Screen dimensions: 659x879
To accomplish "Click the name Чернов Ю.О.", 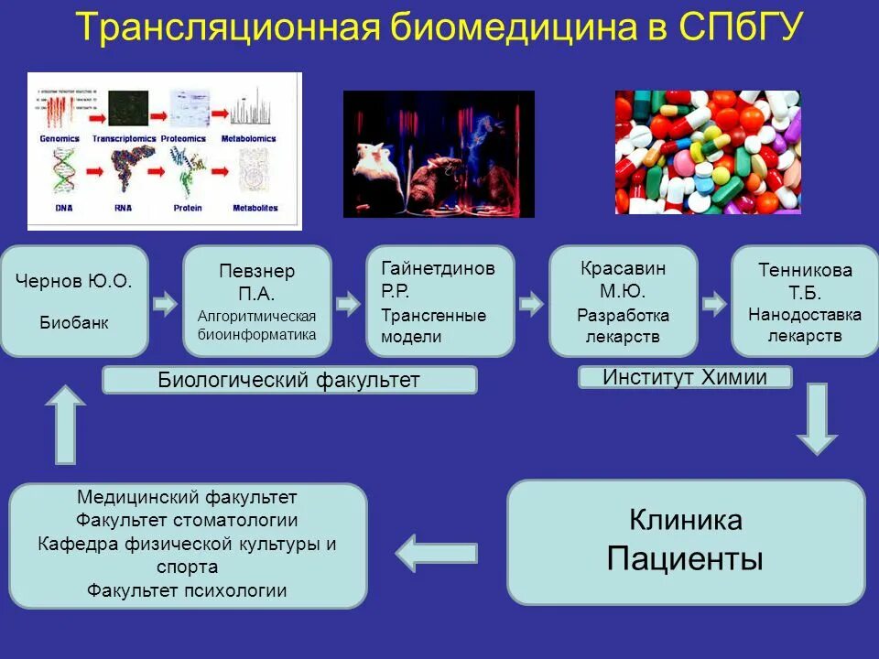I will coord(73,281).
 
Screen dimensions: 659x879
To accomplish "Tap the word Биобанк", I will coord(73,323).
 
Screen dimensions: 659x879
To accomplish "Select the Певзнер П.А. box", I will coord(257,300).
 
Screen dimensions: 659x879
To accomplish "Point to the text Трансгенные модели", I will coord(434,326).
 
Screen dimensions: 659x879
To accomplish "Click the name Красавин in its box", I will coord(623,269).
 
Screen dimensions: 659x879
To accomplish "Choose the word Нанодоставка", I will coord(805,315).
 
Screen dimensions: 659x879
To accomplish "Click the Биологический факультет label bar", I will coord(289,380).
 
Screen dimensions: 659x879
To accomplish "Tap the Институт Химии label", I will coord(685,377).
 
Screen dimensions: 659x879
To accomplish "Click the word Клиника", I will coord(686,521).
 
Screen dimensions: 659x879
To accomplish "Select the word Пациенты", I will coord(686,558).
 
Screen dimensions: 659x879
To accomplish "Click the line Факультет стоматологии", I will coord(187,521).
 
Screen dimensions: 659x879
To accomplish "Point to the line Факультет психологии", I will coord(187,591).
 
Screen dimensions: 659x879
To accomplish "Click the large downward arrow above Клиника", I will coord(816,418).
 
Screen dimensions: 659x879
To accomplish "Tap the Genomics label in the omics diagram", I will coord(60,139).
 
